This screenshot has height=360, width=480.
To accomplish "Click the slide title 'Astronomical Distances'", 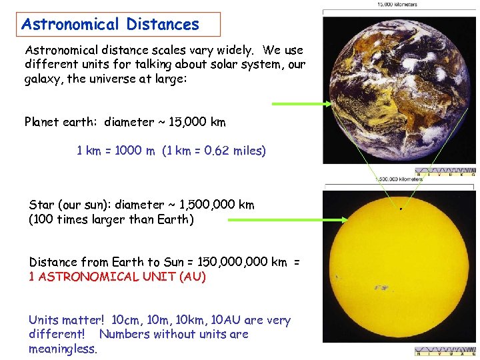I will coord(110,25).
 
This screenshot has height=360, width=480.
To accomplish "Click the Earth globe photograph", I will coord(399,90).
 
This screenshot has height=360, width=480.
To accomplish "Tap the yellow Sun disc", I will coord(399,267).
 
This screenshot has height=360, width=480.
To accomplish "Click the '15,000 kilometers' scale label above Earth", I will coord(397,4).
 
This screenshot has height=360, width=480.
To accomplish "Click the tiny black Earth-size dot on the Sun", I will coord(401,209).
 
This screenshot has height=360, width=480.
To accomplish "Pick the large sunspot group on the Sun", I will coord(382,287).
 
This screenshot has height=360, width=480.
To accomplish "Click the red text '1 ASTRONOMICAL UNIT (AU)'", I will coord(117,276).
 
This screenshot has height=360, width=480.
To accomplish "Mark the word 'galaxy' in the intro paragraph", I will coord(44,78).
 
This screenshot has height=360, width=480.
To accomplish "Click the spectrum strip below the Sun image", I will coord(445,351).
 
